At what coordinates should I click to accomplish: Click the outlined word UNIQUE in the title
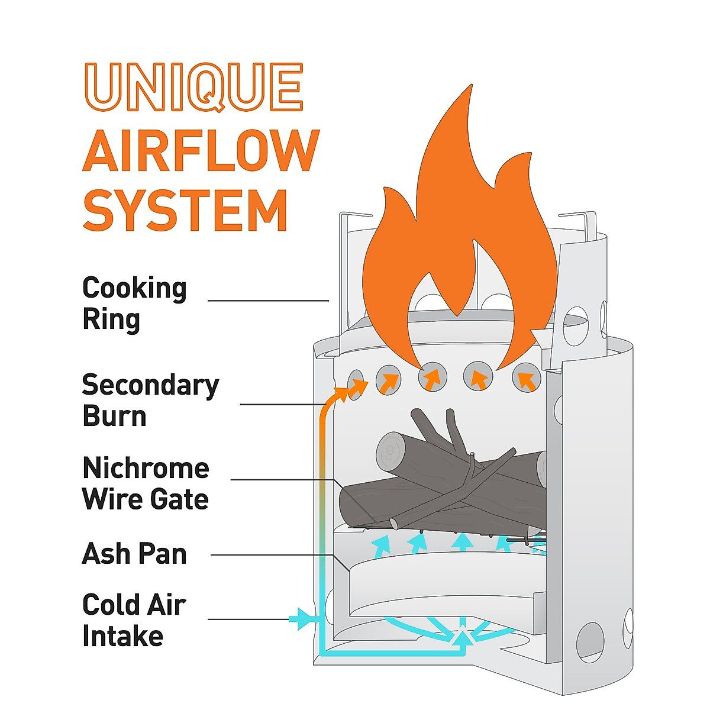click(x=193, y=87)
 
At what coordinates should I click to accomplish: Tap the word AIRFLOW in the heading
click(x=201, y=151)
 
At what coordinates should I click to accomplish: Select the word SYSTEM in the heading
click(x=185, y=210)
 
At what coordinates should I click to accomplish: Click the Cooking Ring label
click(x=134, y=304)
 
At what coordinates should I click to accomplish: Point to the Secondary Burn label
click(x=150, y=400)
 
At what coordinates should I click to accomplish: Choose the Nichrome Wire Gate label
click(x=146, y=483)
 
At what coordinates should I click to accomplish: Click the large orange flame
click(x=459, y=236)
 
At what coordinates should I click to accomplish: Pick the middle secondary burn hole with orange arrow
click(x=432, y=377)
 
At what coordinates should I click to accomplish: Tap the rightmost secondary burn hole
click(x=526, y=377)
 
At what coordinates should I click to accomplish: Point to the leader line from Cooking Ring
click(x=268, y=301)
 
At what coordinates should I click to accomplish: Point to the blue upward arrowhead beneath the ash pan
click(x=463, y=637)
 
